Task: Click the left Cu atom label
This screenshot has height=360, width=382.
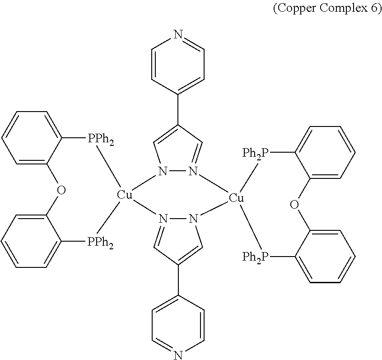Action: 124,195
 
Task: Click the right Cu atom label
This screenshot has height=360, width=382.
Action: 236,198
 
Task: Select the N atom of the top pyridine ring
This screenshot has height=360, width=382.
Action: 178,34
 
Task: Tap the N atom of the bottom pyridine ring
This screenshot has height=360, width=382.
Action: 178,355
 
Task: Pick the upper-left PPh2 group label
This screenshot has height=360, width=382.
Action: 100,140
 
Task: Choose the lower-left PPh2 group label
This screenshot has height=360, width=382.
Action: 100,242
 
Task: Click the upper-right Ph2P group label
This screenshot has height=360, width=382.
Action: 255,154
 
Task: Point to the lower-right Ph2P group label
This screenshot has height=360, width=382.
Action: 255,257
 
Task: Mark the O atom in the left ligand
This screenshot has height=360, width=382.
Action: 61,190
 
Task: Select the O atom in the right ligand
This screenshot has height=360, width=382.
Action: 294,204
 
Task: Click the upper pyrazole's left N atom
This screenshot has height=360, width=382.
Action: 163,171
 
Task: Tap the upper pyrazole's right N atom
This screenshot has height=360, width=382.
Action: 193,171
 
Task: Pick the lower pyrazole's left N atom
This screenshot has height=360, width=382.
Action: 163,218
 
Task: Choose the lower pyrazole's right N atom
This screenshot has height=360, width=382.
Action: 193,218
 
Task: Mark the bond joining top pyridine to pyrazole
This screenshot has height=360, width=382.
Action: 178,110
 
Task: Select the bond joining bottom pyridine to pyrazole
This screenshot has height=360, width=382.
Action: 178,281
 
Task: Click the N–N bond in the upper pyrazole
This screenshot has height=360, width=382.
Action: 178,171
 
